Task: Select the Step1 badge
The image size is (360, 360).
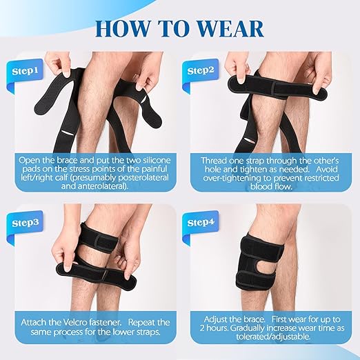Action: [x=25, y=70]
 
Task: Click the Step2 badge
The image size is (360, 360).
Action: [x=201, y=70]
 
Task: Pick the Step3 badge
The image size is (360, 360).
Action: [x=26, y=223]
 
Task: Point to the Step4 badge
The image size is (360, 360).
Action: [x=201, y=222]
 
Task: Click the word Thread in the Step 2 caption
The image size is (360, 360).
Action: [x=212, y=161]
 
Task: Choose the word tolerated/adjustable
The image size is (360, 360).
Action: [x=273, y=337]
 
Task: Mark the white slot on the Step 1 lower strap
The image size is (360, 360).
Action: [x=68, y=133]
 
